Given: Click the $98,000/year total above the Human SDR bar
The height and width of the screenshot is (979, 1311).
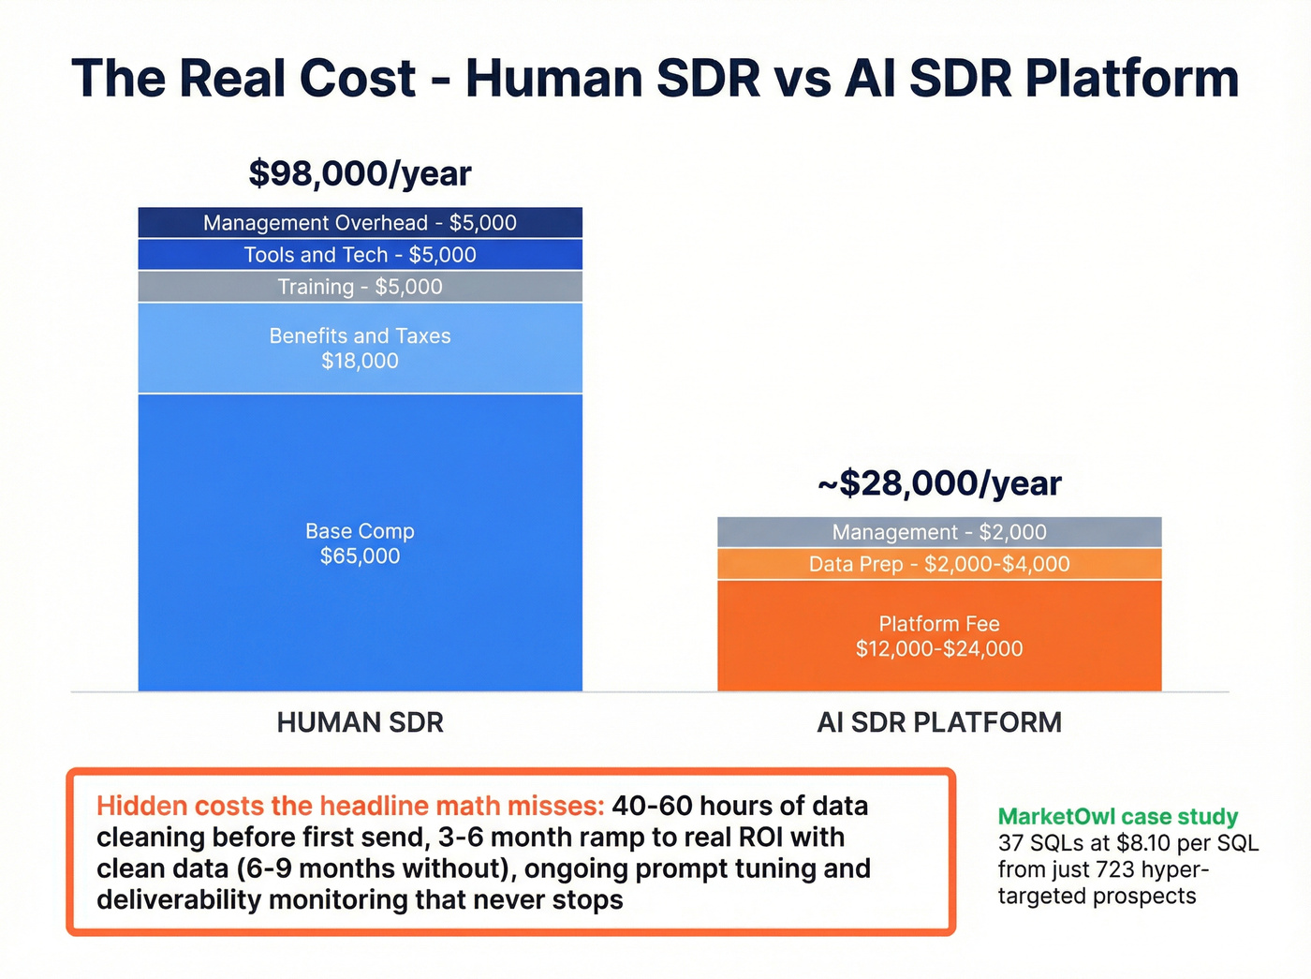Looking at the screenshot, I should (x=360, y=174).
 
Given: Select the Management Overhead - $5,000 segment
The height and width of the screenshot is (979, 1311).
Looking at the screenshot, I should (x=360, y=223).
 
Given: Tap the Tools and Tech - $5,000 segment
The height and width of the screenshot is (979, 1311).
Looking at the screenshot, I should (x=360, y=255).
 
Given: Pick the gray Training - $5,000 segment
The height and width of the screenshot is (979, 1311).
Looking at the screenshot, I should (x=360, y=287).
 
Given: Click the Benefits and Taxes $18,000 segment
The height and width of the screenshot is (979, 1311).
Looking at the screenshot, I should (x=360, y=348).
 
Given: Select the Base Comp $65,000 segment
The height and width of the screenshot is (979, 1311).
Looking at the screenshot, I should (x=360, y=543).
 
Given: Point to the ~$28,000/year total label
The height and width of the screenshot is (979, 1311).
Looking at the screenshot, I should (x=939, y=483).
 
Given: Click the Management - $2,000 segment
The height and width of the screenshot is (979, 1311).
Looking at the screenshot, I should (x=939, y=532).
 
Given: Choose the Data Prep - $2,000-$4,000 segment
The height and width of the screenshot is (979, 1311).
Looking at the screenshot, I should (x=939, y=564).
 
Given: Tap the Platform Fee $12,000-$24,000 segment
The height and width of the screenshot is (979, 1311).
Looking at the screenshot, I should (x=939, y=636).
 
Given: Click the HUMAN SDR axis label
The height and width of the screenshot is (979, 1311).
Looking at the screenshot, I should (x=360, y=722).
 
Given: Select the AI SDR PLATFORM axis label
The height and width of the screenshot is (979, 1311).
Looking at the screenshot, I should (x=939, y=722).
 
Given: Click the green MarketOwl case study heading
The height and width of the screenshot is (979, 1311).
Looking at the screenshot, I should (x=1117, y=817).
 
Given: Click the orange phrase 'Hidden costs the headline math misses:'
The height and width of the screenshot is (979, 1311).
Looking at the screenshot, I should (x=350, y=806).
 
